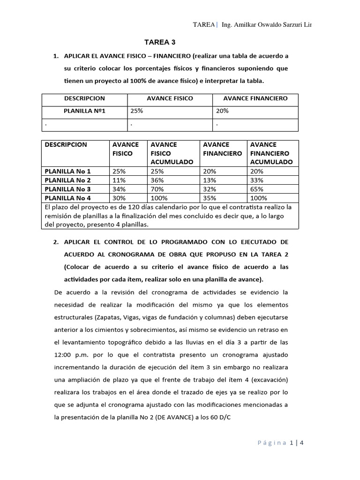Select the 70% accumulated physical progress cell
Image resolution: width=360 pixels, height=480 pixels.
pyautogui.click(x=157, y=189)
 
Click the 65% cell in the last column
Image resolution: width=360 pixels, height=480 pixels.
pyautogui.click(x=257, y=189)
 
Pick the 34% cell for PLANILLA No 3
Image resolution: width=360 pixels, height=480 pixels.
pyautogui.click(x=119, y=189)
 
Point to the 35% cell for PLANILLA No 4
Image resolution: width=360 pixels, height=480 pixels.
pyautogui.click(x=209, y=198)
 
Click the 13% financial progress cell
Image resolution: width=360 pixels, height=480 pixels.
pyautogui.click(x=209, y=180)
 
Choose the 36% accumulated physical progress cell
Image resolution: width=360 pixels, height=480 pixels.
pyautogui.click(x=157, y=180)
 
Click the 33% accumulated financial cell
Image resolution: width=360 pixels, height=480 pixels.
pyautogui.click(x=257, y=180)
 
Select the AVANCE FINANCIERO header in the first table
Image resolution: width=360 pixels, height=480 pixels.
pyautogui.click(x=255, y=98)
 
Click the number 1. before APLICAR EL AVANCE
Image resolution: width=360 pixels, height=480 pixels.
pyautogui.click(x=56, y=56)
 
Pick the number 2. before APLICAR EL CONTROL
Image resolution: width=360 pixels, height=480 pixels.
pyautogui.click(x=56, y=242)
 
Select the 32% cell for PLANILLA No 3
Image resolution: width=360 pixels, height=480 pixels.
pyautogui.click(x=209, y=189)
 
